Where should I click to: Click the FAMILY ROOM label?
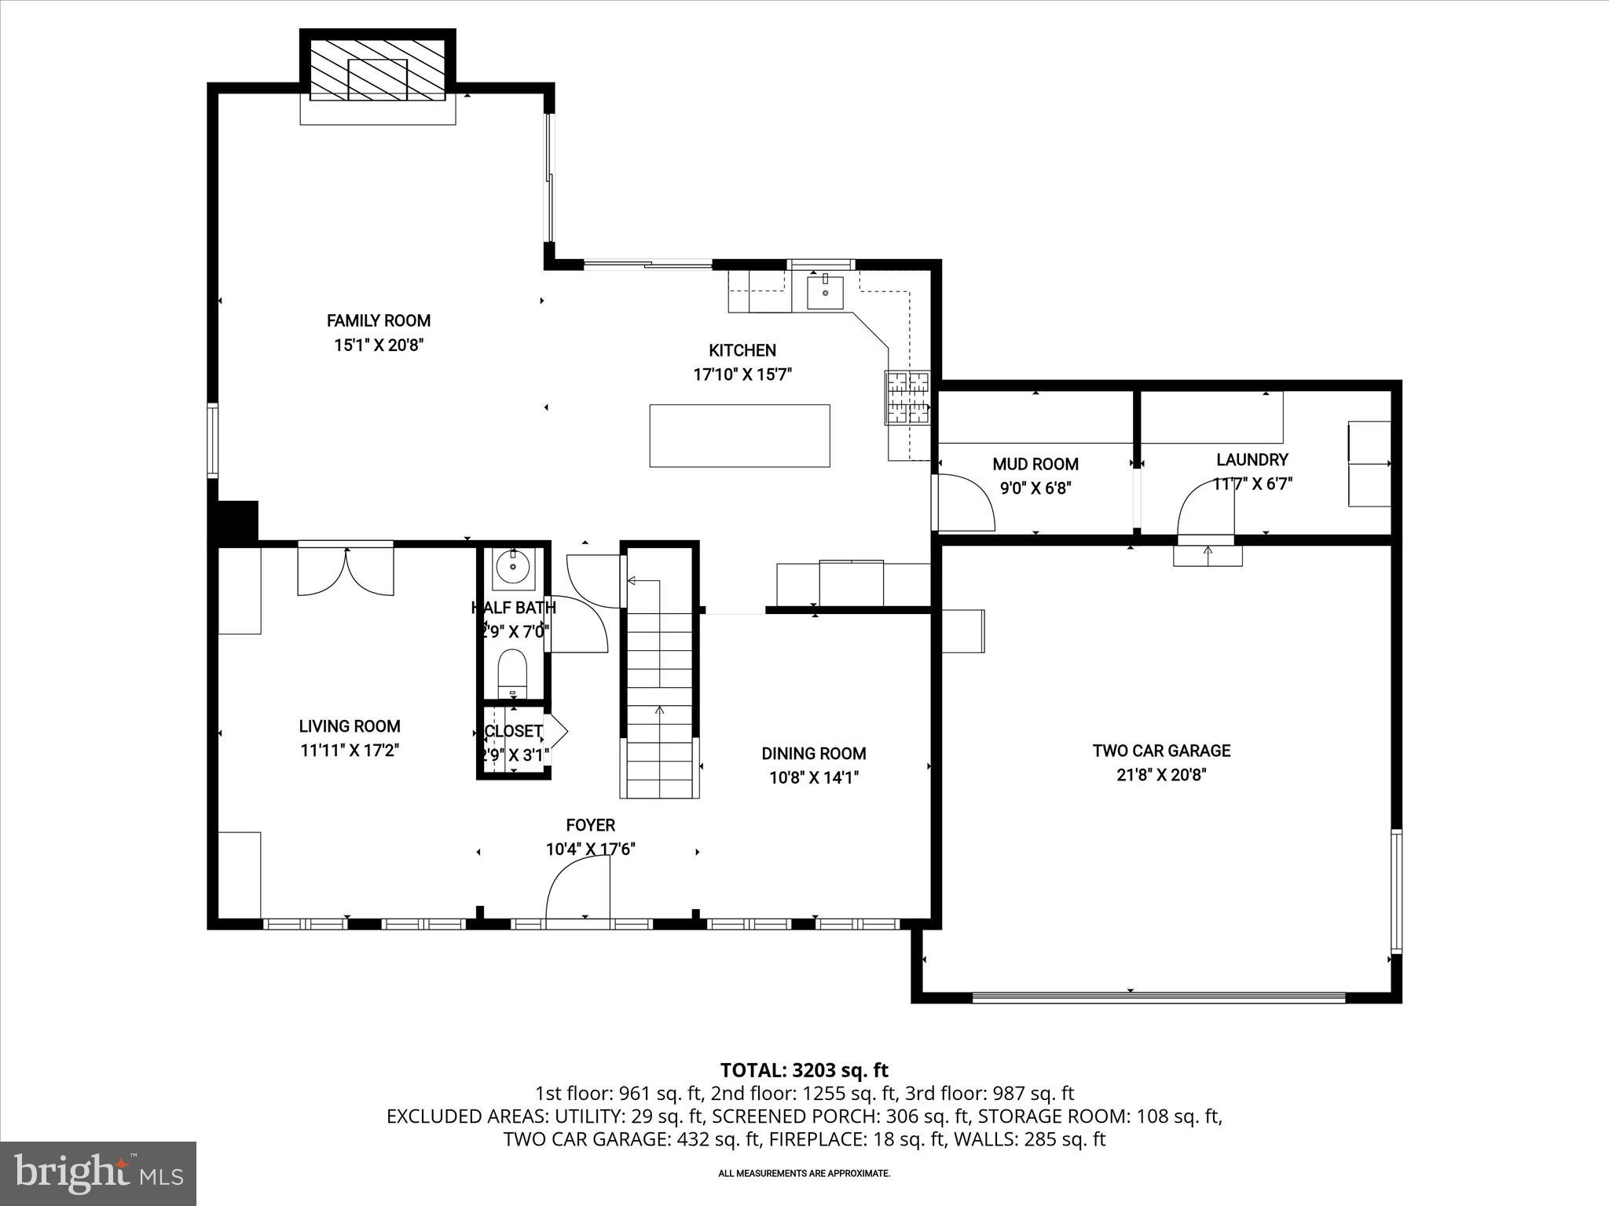tap(378, 320)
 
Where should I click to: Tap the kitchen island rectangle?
tap(739, 436)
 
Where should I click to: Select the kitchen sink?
tap(825, 291)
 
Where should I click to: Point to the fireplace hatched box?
tap(378, 71)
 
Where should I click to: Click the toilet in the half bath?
tap(513, 671)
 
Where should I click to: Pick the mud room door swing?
tap(964, 502)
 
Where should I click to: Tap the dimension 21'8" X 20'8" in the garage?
tap(1161, 775)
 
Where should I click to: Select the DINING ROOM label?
tap(813, 754)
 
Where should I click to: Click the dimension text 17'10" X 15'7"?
tap(742, 375)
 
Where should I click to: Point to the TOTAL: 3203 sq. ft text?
tap(804, 1070)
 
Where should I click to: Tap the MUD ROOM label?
tap(1035, 464)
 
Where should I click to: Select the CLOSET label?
tap(513, 731)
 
